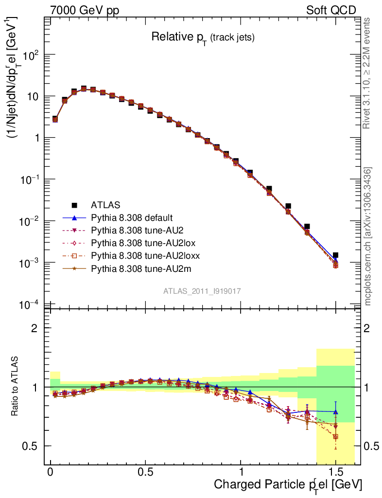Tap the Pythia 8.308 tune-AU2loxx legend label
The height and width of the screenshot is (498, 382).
139,255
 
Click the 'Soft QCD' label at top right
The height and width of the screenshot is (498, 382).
331,10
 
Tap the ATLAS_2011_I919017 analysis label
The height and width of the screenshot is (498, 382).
202,291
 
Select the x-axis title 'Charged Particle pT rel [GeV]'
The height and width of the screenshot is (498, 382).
288,485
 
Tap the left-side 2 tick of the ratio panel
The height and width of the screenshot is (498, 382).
35,328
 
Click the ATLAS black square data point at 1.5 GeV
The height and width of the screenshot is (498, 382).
335,255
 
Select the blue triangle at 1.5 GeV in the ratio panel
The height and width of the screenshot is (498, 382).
335,411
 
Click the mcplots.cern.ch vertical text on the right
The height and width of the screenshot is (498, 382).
368,236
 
